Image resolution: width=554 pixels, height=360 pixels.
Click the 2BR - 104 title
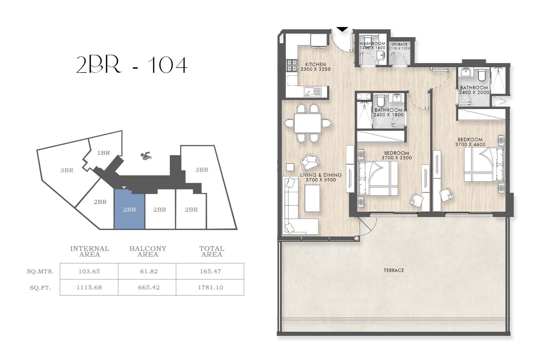132,65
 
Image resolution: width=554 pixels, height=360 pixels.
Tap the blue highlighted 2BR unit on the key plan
129,209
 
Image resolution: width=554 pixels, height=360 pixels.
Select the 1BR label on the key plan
104,153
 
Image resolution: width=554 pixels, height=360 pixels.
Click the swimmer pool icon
146,156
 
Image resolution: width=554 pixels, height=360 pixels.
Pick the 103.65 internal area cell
89,271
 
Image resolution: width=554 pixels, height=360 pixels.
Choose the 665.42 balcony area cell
149,287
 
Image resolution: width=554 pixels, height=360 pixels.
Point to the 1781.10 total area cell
211,287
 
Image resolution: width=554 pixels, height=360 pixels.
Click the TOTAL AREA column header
212,251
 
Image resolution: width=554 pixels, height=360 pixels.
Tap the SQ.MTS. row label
40,271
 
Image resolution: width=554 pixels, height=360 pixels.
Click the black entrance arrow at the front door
342,29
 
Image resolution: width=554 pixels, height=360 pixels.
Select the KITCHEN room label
316,64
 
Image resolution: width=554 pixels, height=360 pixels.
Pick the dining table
308,123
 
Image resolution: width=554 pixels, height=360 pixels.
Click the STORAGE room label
399,44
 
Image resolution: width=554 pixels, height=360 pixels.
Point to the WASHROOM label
373,43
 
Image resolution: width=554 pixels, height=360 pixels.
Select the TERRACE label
394,270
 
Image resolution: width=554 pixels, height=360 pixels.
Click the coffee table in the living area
312,198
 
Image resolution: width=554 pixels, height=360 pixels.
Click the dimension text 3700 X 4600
470,144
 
